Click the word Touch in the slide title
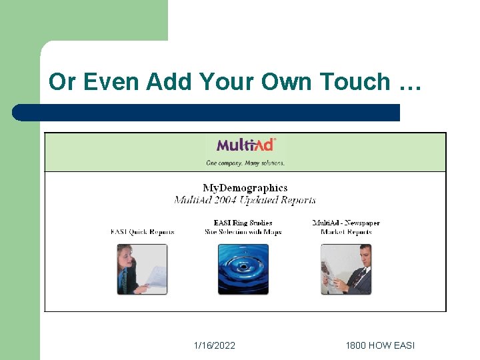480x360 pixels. pos(355,82)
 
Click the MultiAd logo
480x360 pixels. pos(245,145)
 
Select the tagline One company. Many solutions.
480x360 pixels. pos(245,163)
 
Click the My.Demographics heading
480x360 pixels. pos(245,188)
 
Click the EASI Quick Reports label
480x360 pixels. pos(143,232)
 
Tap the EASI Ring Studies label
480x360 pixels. pos(243,223)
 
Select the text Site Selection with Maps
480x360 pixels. pos(243,232)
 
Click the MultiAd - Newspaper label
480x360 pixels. pos(346,223)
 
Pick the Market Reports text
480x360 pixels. pos(346,232)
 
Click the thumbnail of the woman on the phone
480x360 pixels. pos(143,269)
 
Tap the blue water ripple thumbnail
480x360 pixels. pos(243,269)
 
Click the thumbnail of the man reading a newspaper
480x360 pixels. pos(346,269)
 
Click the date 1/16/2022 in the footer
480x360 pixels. pos(215,345)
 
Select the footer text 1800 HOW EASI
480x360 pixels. pos(380,345)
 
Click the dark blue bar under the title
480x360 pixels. pos(207,113)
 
